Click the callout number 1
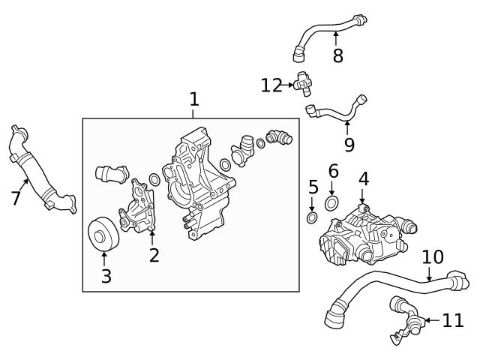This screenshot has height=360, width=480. pos(194,99)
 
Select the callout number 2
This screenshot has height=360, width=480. pos(154,256)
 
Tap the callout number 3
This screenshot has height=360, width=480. pos(106,276)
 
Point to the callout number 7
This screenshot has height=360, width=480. pos(16,198)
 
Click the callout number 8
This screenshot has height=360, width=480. pos(337,56)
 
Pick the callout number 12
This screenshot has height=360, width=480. pos(271,85)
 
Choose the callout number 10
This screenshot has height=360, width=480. pos(433,257)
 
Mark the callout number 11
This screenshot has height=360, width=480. pos(453,321)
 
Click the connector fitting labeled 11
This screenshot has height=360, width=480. pos(403,319)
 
